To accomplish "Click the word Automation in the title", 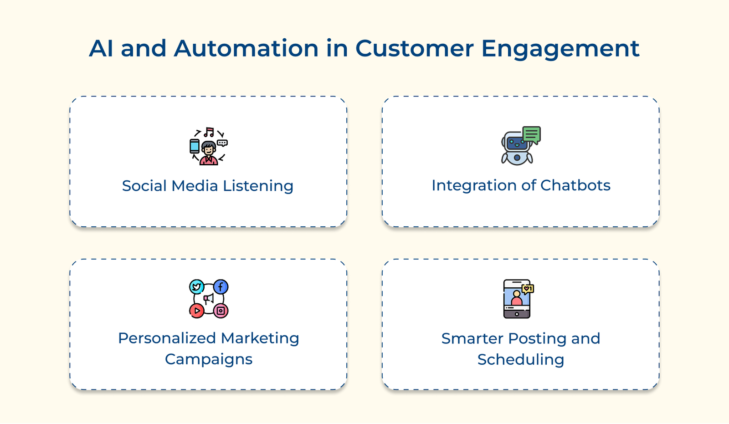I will tap(246, 48).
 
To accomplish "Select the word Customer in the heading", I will tap(415, 48).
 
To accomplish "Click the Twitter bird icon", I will tap(197, 287).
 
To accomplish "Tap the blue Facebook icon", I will tap(221, 287).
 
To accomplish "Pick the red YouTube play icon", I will tap(197, 311).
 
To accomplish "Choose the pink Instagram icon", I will tap(221, 311).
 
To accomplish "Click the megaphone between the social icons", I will tap(209, 299).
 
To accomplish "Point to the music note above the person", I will tap(209, 132).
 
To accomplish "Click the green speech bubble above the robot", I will tap(531, 134).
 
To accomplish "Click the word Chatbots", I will tap(575, 185).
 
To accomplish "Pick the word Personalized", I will tap(167, 338).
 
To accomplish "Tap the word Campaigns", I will tap(209, 359).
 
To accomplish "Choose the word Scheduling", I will tap(521, 359).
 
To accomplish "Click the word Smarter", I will tap(472, 338).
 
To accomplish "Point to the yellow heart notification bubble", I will tap(528, 289).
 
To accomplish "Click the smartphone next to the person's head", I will tap(195, 146).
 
